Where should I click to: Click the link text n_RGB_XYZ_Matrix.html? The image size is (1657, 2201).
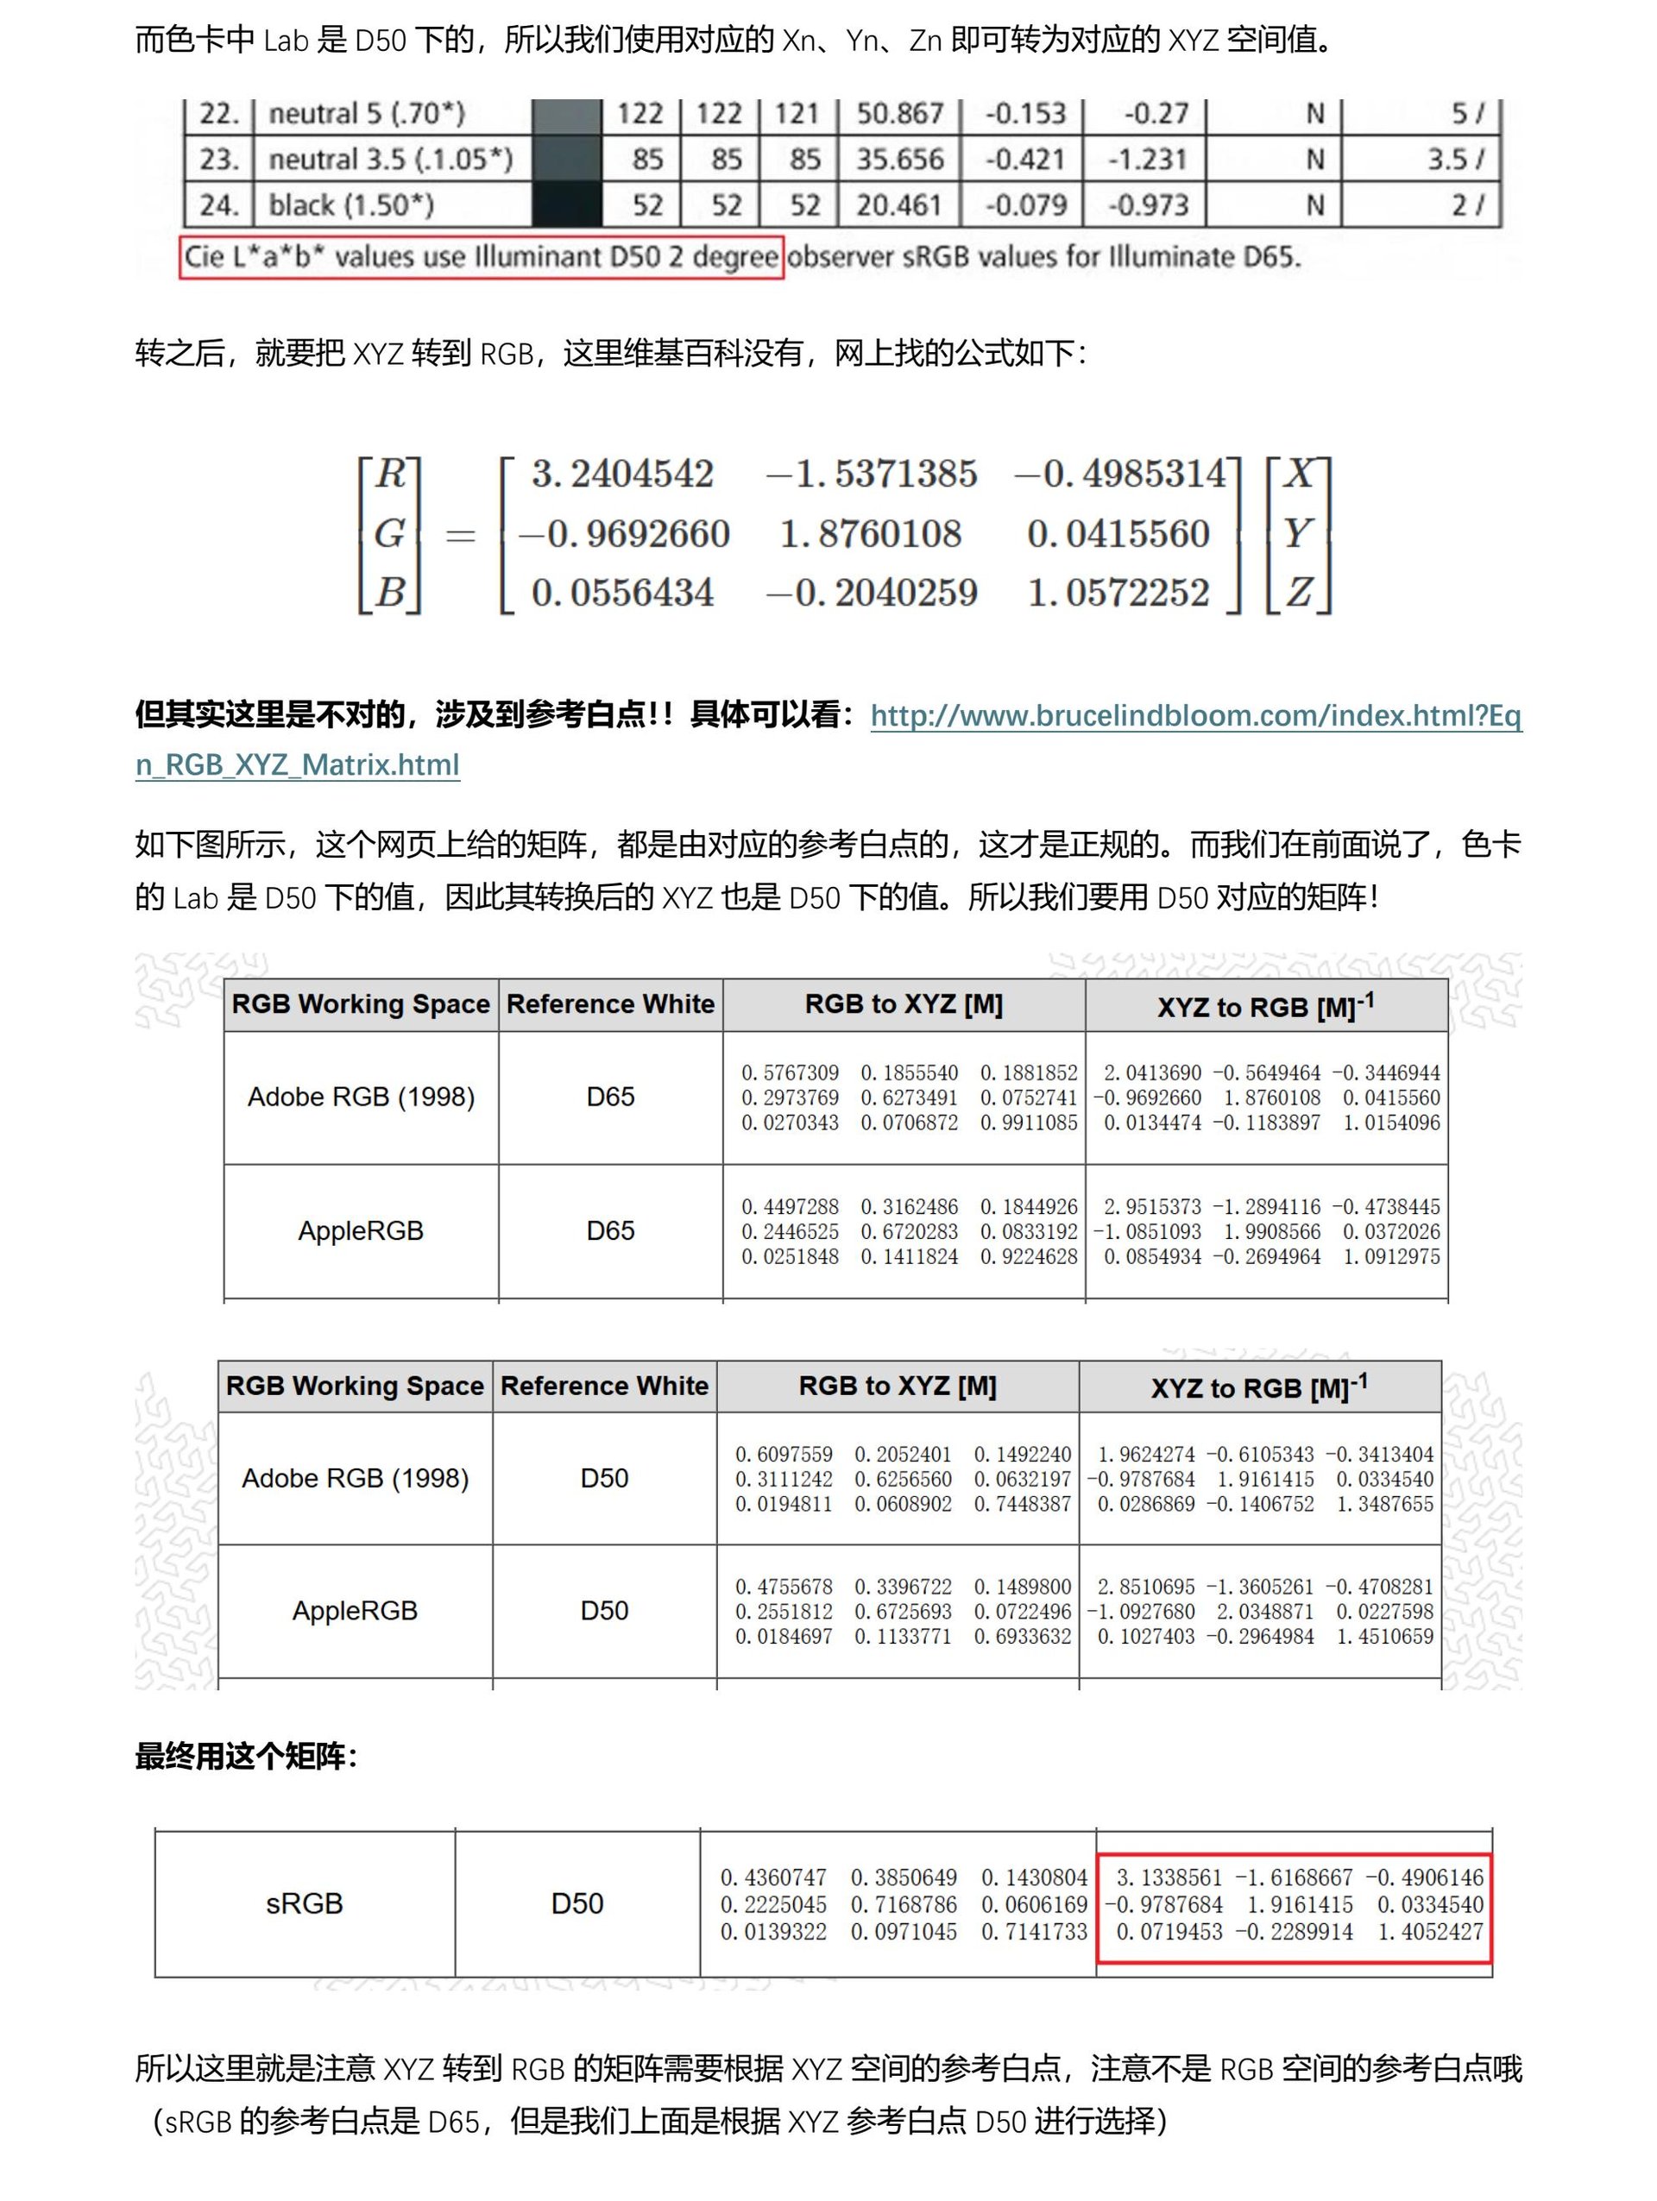point(298,765)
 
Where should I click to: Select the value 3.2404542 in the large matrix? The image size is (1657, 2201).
point(622,474)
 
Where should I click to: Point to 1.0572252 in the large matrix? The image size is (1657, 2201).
point(1118,593)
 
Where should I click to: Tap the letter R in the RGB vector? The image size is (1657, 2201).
point(390,474)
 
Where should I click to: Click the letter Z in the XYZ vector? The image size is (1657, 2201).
point(1298,593)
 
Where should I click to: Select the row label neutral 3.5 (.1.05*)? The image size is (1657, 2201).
point(390,160)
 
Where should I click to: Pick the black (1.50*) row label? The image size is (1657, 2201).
point(350,205)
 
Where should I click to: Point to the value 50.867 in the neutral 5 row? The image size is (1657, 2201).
point(899,113)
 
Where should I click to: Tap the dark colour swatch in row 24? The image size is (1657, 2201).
point(567,205)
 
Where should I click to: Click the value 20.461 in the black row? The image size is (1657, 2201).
point(899,205)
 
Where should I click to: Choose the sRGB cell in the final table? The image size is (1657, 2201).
point(305,1903)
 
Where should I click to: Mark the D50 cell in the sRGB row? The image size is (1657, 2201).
point(577,1903)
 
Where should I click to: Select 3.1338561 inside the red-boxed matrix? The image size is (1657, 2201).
point(1169,1877)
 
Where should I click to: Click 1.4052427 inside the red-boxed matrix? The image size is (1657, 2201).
point(1430,1931)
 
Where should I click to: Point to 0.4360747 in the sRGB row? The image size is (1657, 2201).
point(773,1877)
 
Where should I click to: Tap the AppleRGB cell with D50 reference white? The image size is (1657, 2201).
point(356,1611)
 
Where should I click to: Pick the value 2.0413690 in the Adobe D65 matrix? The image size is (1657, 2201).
point(1152,1072)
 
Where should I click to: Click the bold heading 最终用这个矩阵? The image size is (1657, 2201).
point(245,1756)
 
